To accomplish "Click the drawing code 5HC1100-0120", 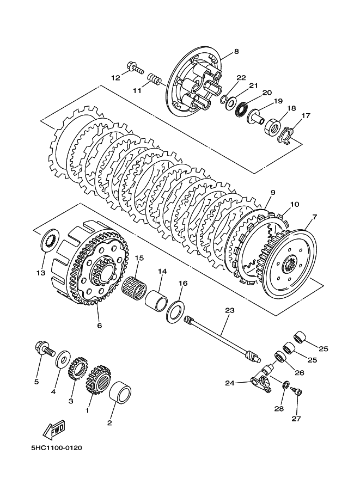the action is point(57,448).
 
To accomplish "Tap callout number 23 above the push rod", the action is point(230,310).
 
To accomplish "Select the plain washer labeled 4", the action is point(63,359).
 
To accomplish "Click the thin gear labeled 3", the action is point(78,368).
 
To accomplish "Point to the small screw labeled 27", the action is point(297,392).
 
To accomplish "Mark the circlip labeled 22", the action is point(224,99).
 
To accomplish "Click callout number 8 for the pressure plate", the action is point(236,51).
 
